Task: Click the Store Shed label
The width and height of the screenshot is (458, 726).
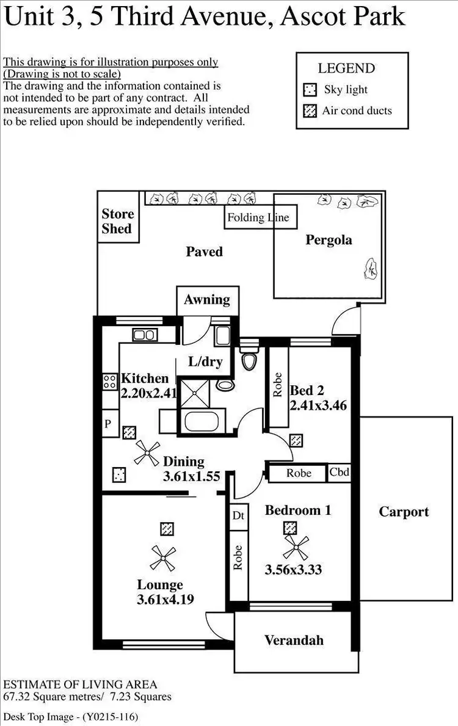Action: click(x=117, y=222)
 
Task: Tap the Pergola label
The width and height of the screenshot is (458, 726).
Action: click(x=329, y=240)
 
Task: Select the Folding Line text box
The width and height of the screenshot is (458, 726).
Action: click(x=257, y=218)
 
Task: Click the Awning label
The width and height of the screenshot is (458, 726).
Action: click(x=207, y=300)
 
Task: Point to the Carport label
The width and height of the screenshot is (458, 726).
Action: click(x=404, y=512)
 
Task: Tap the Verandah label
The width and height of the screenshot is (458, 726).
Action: click(x=294, y=640)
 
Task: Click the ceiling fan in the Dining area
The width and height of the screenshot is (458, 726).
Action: click(x=147, y=454)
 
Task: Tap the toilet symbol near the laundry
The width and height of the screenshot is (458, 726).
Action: click(x=249, y=361)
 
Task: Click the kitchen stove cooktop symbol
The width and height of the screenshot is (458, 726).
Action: click(x=110, y=382)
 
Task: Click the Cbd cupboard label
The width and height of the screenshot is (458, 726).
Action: click(x=340, y=472)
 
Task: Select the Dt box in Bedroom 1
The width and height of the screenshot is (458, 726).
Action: click(x=238, y=515)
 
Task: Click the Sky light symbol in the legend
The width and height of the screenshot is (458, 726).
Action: click(x=310, y=90)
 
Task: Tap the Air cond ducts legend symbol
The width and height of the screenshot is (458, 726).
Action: click(x=310, y=111)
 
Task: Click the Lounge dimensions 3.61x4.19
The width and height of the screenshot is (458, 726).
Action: click(x=165, y=599)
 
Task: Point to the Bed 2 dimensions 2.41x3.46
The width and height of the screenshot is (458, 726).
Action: click(x=318, y=405)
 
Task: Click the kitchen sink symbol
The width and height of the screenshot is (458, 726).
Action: click(x=145, y=335)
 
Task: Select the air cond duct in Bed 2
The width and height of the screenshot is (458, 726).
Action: click(x=296, y=440)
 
